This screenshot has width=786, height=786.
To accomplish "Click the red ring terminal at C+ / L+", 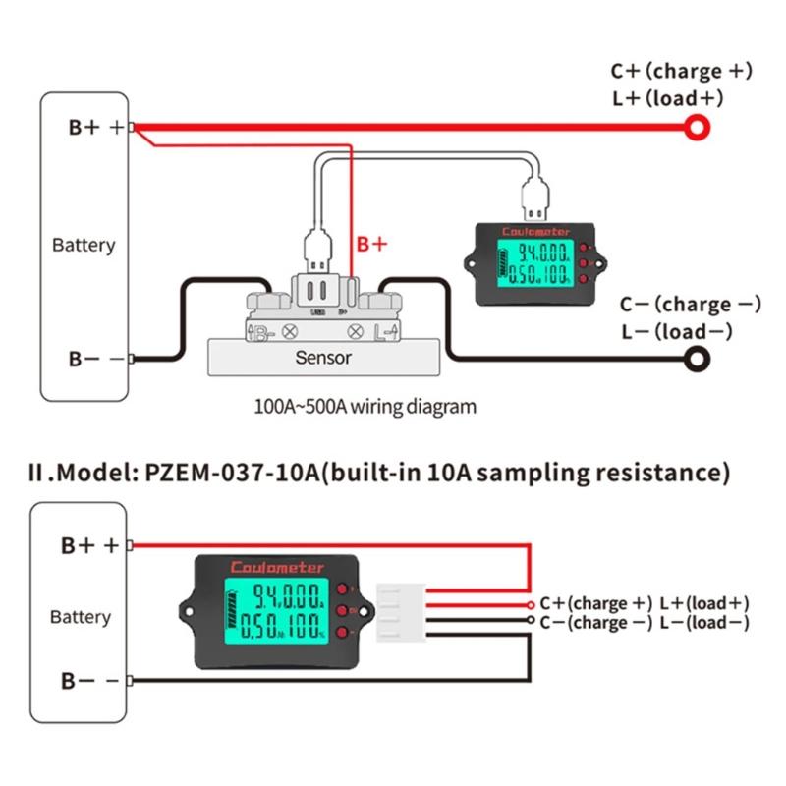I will coord(697,127).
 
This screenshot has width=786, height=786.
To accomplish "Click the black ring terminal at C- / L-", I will coord(699,361).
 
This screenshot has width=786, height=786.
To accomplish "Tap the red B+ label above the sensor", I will coord(371,244).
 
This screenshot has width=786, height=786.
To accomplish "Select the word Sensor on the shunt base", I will coord(322,358).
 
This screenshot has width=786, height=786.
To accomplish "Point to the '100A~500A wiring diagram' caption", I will coord(365,406).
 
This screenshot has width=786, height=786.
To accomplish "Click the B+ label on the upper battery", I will coord(86,127).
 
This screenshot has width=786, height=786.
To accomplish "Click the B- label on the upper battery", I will coord(84,360).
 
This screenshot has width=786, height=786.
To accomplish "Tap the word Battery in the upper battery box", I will coord(84,245).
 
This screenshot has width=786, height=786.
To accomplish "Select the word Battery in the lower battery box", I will coord(81,617).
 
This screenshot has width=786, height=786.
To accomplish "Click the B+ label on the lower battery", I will coord(80,545).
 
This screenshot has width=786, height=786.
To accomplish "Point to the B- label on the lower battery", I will coord(78,681).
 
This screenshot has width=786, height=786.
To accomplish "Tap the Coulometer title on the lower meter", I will coord(278,567).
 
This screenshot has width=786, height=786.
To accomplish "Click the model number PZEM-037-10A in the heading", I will coord(228,473).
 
